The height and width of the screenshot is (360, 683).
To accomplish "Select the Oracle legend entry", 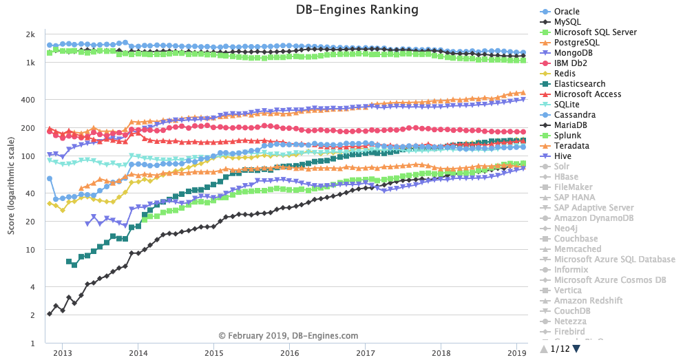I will (567, 12).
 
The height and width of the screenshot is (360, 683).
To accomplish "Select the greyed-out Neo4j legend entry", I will (567, 229).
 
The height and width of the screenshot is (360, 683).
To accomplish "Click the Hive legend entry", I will (563, 156).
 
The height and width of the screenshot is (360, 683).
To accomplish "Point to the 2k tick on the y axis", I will (31, 34).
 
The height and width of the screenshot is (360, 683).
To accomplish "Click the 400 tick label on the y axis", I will (29, 100).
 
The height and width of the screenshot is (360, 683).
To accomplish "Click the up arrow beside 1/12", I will (544, 350).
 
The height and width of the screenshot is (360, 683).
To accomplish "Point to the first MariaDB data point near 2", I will (49, 314).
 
